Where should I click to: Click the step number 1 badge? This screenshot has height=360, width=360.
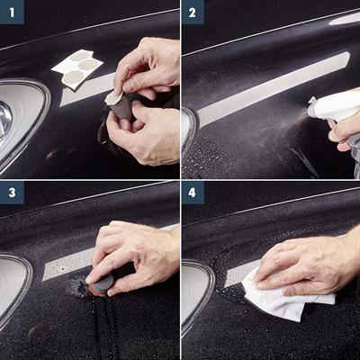point(12,12)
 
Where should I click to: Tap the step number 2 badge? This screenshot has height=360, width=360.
point(193,12)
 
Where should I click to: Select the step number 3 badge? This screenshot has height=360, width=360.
point(12,193)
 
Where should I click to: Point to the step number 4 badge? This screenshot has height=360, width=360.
point(193,193)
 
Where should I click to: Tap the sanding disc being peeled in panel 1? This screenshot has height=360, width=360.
point(114,97)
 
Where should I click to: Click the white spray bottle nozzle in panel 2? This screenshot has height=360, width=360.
point(313,107)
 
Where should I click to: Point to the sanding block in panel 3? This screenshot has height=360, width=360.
point(102,283)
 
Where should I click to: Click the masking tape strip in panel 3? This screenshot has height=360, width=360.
point(68,264)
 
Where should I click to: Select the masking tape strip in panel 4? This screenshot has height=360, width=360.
point(240,274)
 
